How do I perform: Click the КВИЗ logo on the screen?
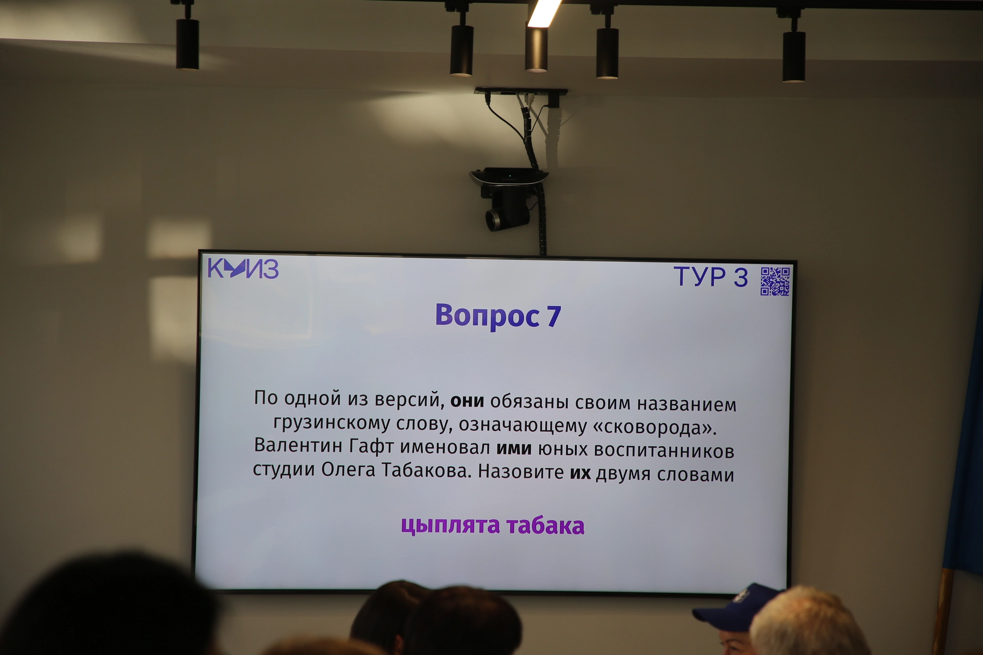(243, 268)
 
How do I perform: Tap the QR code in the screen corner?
(775, 281)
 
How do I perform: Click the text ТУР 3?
(711, 277)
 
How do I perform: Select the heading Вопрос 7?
(498, 315)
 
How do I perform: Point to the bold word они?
(467, 401)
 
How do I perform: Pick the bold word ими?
(514, 448)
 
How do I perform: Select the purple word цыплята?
(450, 525)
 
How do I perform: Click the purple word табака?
(546, 526)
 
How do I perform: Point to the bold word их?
(580, 473)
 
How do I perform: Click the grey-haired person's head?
(806, 622)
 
